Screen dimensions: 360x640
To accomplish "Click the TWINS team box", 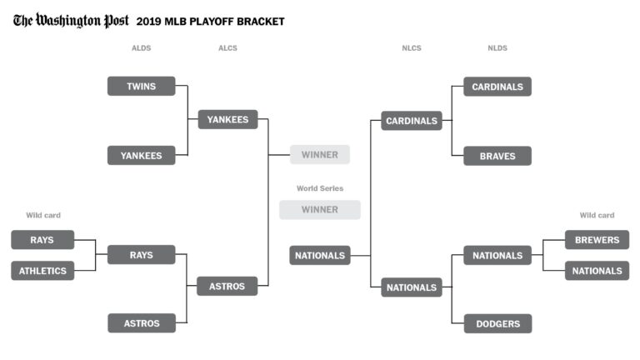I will point(141,86).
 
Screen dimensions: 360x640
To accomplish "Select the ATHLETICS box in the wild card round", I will point(42,271).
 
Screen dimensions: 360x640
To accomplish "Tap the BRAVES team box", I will point(497,156).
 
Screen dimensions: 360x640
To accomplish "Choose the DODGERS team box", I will point(497,323).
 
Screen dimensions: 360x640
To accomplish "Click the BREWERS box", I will point(597,240).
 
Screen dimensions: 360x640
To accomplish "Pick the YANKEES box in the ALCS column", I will point(227,119).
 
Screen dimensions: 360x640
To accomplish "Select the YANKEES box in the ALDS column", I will point(141,155).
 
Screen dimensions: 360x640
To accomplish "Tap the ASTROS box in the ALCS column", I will point(227,286).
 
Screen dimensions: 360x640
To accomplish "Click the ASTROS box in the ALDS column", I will point(141,322).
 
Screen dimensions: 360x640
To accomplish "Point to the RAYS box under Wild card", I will point(42,240).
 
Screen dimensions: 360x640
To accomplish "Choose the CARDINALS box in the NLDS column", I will point(497,87).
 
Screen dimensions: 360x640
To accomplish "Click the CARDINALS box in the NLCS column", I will point(412,121).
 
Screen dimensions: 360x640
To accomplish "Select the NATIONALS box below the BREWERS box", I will point(597,271).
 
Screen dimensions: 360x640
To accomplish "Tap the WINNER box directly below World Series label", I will point(320,210).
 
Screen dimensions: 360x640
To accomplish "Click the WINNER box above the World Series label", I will point(320,154).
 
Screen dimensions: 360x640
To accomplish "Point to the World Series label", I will point(320,188).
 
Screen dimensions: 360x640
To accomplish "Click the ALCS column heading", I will point(227,48).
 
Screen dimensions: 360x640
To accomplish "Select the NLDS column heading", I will point(497,48).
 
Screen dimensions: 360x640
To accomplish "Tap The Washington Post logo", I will point(71,21).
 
